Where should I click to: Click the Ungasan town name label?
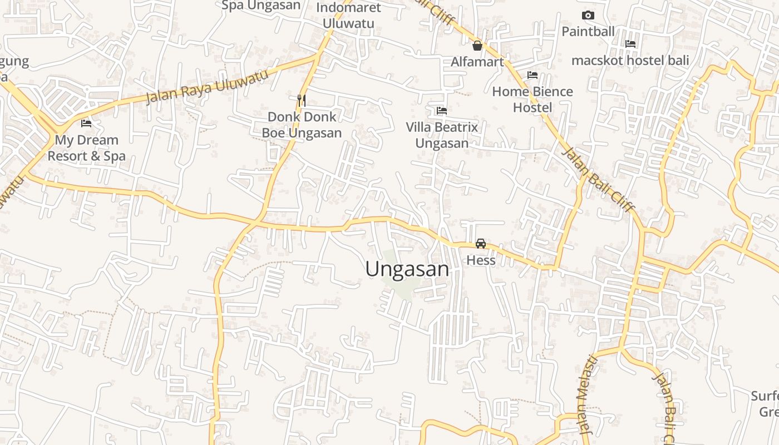[407, 269]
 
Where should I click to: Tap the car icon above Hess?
[481, 244]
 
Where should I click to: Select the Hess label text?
[481, 260]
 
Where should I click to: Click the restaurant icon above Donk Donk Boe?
[302, 101]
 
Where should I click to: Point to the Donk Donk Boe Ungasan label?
[302, 125]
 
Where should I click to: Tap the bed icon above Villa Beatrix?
[442, 111]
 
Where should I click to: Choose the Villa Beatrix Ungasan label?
[442, 135]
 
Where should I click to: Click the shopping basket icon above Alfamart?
[477, 46]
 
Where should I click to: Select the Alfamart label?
[477, 62]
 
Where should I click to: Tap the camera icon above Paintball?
[588, 15]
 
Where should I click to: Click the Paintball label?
[588, 31]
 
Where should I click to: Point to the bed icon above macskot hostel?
[630, 43]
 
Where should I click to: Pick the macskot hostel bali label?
[630, 60]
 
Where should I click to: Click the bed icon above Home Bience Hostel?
[533, 75]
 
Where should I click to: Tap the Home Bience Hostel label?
[533, 100]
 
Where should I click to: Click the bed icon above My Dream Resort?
[86, 123]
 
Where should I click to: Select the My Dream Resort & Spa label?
[86, 148]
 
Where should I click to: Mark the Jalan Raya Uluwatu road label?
[207, 86]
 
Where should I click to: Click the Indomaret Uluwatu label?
[348, 16]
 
